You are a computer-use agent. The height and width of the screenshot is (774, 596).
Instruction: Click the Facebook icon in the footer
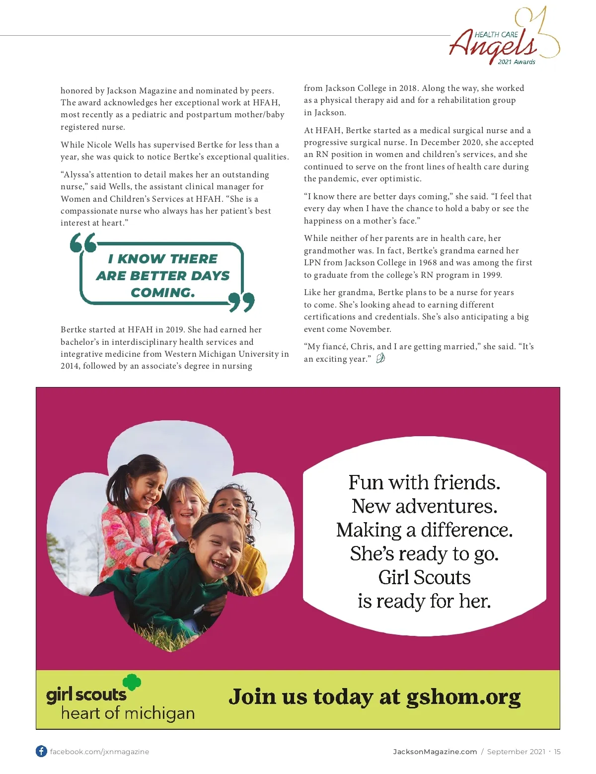pyautogui.click(x=41, y=751)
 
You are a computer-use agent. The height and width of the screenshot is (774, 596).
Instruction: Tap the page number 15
pyautogui.click(x=557, y=752)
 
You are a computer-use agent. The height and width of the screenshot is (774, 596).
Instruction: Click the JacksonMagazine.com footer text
pyautogui.click(x=435, y=752)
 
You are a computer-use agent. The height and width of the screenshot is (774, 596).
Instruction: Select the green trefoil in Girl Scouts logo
pyautogui.click(x=132, y=682)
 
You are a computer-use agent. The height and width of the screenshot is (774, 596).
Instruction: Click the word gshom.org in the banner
pyautogui.click(x=463, y=697)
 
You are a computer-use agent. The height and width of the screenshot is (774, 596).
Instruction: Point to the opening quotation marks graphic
pyautogui.click(x=83, y=242)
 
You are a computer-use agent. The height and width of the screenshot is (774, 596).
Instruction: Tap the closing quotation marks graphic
pyautogui.click(x=242, y=302)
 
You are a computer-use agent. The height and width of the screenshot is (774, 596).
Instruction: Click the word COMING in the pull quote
pyautogui.click(x=162, y=293)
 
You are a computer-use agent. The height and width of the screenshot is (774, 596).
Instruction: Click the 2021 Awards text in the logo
pyautogui.click(x=517, y=62)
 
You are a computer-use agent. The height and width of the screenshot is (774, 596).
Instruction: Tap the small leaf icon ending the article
pyautogui.click(x=380, y=358)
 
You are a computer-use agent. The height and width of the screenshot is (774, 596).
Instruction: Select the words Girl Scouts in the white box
pyautogui.click(x=424, y=578)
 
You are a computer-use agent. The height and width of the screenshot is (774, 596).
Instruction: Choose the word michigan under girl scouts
pyautogui.click(x=159, y=714)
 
